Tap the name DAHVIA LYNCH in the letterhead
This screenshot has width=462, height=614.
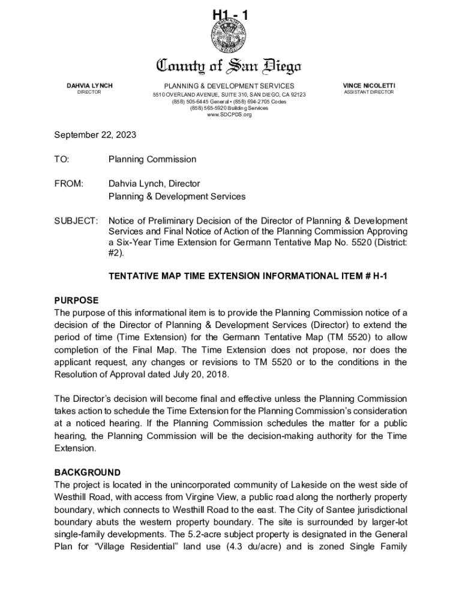pos(89,86)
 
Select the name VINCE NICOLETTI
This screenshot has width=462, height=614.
pos(369,86)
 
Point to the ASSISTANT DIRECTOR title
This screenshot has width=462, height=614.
pos(369,93)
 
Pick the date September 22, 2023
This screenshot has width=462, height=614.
pos(95,135)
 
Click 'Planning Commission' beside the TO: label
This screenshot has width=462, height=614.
pos(152,159)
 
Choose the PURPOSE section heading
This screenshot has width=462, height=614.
pos(76,300)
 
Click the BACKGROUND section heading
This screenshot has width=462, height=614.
pos(87,472)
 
